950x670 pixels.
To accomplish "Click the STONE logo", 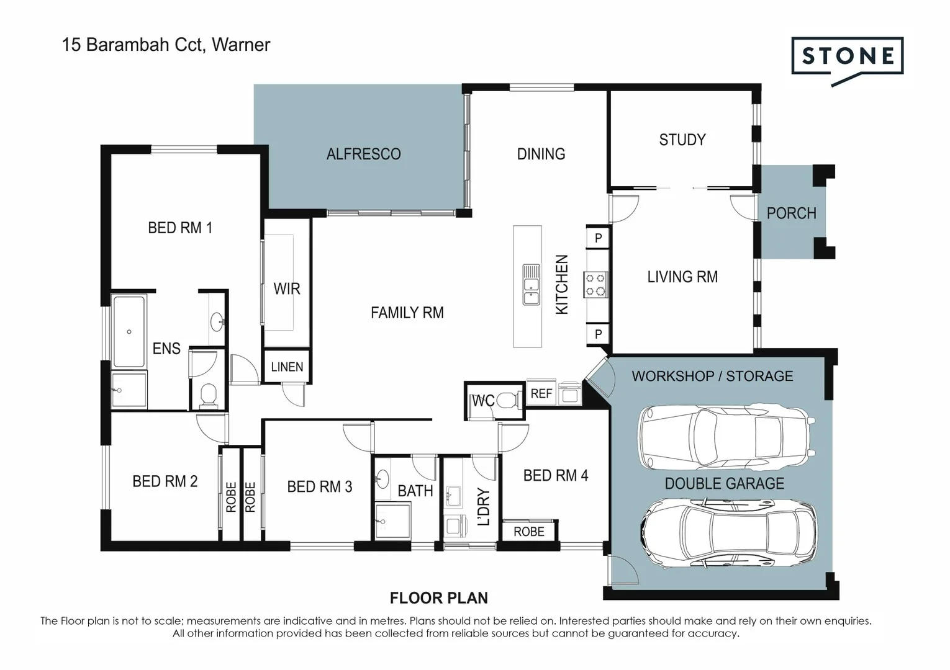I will (x=847, y=57).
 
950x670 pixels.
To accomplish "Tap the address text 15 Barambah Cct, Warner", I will (x=166, y=45).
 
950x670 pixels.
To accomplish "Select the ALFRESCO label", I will (x=363, y=154).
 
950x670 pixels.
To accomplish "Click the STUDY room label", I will (x=682, y=140).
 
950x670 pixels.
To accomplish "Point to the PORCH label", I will (x=790, y=213).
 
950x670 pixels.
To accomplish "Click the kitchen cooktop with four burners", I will (x=595, y=285).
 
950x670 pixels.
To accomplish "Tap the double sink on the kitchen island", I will (x=531, y=285).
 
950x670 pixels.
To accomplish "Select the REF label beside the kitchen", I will (x=541, y=393).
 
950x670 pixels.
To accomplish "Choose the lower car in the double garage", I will (x=728, y=534).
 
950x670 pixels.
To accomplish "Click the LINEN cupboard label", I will (x=287, y=367).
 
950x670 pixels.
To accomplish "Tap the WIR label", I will (x=286, y=288).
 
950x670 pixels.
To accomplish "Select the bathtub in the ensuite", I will (x=129, y=331).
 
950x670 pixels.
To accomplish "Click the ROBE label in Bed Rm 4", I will (x=528, y=532).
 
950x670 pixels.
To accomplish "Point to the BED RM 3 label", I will (x=319, y=487).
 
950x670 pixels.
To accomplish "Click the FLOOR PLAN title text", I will (x=438, y=598).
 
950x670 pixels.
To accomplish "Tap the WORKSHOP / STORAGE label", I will (x=712, y=376).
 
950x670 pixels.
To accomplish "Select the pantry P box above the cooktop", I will (x=598, y=238).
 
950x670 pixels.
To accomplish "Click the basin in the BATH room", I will (x=381, y=478).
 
